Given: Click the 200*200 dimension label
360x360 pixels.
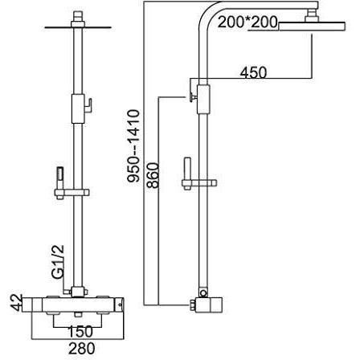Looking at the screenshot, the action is click(x=247, y=22).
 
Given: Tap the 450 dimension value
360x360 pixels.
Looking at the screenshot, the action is click(x=253, y=72).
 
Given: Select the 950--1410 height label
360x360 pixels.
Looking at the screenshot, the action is click(x=133, y=146).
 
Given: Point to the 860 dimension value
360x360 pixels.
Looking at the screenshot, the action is click(x=153, y=175).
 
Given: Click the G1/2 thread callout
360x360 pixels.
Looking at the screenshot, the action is click(x=58, y=261).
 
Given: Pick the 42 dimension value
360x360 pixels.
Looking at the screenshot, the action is click(x=16, y=303).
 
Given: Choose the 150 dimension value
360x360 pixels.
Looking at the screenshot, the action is click(x=80, y=331).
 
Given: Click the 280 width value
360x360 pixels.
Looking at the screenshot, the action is click(x=82, y=349).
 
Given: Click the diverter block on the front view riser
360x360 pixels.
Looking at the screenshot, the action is click(x=78, y=108).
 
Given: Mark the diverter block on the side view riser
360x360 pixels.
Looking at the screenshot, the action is click(x=203, y=100).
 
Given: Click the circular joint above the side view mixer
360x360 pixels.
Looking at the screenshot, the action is click(x=204, y=293).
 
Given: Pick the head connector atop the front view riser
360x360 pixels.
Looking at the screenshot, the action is click(x=78, y=18).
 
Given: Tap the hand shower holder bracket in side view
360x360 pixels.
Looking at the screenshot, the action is click(x=199, y=183).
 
